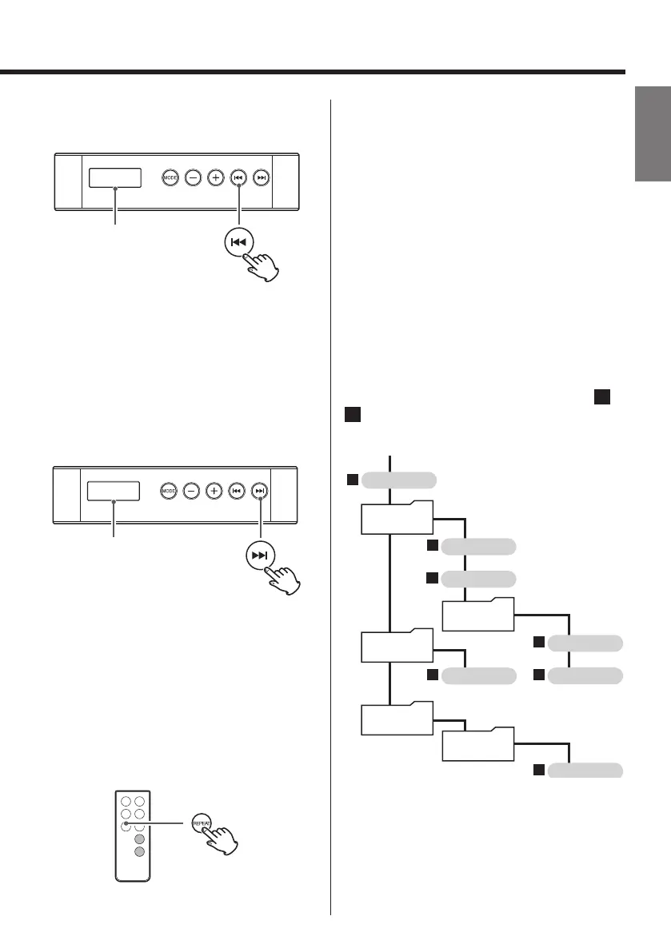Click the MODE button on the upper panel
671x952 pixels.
pyautogui.click(x=170, y=177)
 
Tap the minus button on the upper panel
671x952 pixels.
pyautogui.click(x=193, y=177)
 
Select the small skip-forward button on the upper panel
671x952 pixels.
pyautogui.click(x=261, y=177)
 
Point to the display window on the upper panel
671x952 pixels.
pyautogui.click(x=115, y=178)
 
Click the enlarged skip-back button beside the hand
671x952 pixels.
pyautogui.click(x=240, y=242)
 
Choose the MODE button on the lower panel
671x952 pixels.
pyautogui.click(x=169, y=491)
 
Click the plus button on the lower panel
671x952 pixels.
pyautogui.click(x=214, y=491)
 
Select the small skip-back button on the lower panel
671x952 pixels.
pyautogui.click(x=237, y=491)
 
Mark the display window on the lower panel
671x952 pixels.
pyautogui.click(x=114, y=491)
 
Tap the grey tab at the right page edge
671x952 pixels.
pyautogui.click(x=652, y=135)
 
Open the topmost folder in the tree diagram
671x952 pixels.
pyautogui.click(x=397, y=518)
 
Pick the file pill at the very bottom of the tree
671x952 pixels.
pyautogui.click(x=585, y=771)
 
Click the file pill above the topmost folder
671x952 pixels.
pyautogui.click(x=399, y=480)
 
